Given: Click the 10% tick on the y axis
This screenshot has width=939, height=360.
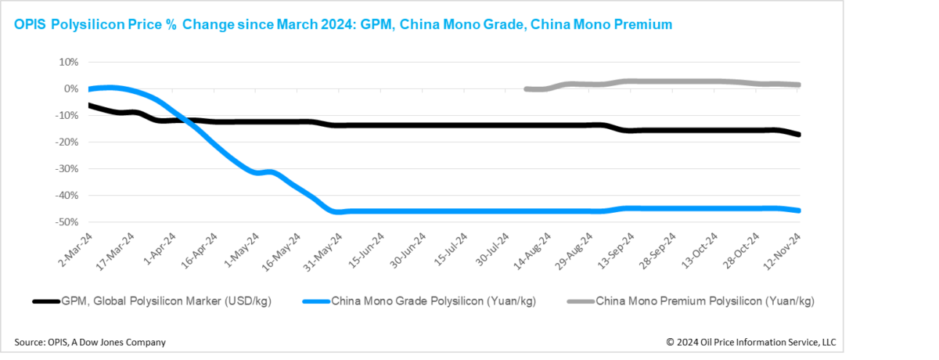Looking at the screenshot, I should [x=68, y=62].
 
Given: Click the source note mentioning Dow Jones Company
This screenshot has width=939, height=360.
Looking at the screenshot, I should [x=90, y=342].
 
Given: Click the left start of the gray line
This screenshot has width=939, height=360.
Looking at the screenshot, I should [x=526, y=89].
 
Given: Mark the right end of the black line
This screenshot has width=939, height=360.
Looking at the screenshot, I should [x=798, y=135].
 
